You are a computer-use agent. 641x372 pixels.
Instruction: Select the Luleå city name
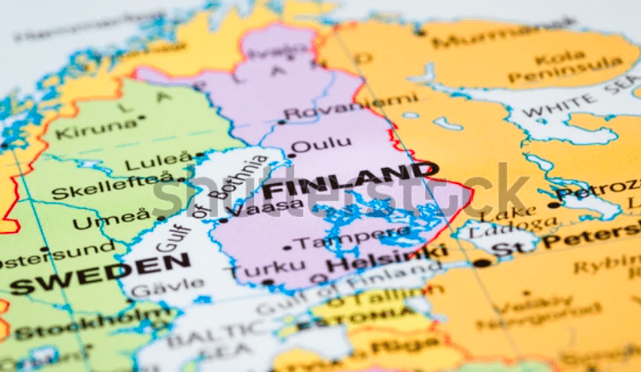point(169,159)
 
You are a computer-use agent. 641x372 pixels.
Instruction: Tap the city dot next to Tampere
point(287,246)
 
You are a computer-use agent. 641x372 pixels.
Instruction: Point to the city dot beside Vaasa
point(224,220)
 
